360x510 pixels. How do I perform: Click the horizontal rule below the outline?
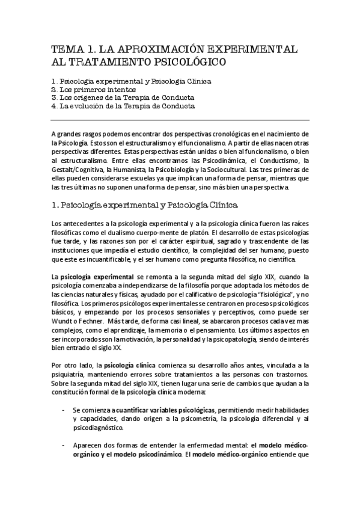click(180, 120)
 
